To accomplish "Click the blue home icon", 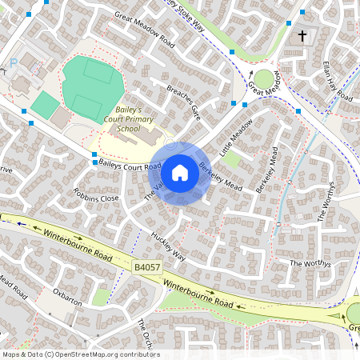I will click(x=180, y=172).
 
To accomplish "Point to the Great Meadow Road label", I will click(x=145, y=26).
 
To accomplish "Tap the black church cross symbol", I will click(x=302, y=36).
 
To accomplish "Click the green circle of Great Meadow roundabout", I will click(x=263, y=78).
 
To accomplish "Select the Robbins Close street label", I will click(x=96, y=196).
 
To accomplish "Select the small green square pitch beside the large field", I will click(x=46, y=104).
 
